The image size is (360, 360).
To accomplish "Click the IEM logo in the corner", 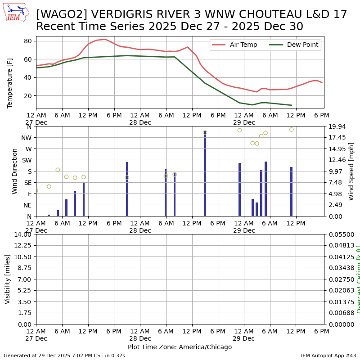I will pyautogui.click(x=16, y=13).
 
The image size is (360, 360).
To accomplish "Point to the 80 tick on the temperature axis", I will pyautogui.click(x=28, y=41).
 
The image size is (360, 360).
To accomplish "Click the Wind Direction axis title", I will pyautogui.click(x=15, y=171).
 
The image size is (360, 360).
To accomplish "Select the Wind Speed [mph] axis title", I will pyautogui.click(x=351, y=171).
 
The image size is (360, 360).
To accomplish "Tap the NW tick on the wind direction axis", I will pyautogui.click(x=26, y=138).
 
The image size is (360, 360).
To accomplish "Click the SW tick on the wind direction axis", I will pyautogui.click(x=26, y=160).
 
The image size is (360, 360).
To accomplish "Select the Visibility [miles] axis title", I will pyautogui.click(x=8, y=279).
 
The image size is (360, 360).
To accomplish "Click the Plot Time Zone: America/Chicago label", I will pyautogui.click(x=180, y=347).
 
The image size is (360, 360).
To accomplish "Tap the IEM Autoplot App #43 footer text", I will pyautogui.click(x=328, y=355).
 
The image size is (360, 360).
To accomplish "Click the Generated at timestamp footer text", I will pyautogui.click(x=64, y=355).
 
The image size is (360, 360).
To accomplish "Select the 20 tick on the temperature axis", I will pyautogui.click(x=28, y=96).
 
